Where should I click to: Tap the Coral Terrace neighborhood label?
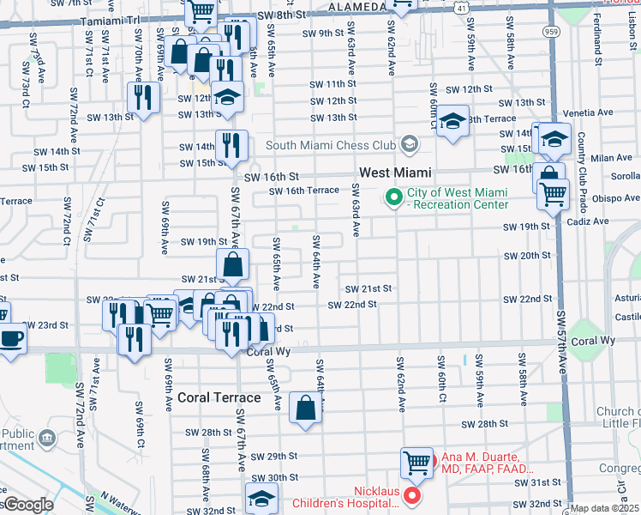[219, 397]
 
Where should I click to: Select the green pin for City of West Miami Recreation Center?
[394, 198]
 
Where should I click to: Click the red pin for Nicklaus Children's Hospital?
[412, 495]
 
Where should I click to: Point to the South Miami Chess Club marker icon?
[410, 144]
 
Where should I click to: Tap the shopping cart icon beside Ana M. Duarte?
[416, 463]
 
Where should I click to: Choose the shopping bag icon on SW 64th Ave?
[306, 409]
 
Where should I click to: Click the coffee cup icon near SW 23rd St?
[11, 337]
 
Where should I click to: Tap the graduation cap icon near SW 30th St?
[261, 498]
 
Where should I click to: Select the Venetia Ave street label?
[589, 112]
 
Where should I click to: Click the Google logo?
[28, 505]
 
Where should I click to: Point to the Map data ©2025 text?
[604, 508]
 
